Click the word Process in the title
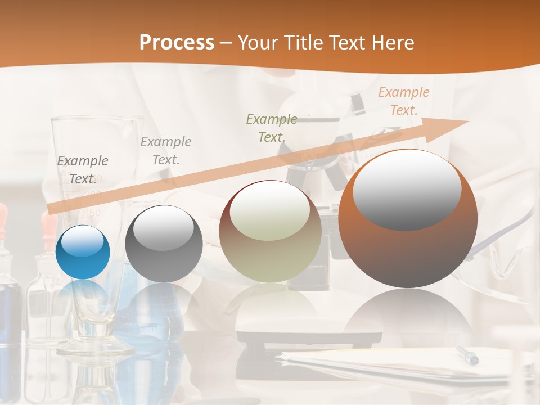(177, 43)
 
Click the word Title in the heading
(308, 43)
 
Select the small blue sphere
(83, 252)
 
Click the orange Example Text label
(403, 101)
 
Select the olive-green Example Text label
(272, 128)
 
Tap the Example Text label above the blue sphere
(83, 170)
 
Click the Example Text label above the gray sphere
(166, 150)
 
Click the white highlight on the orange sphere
(407, 190)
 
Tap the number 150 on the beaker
(93, 213)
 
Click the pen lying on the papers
(467, 355)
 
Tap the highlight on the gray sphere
(164, 228)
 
